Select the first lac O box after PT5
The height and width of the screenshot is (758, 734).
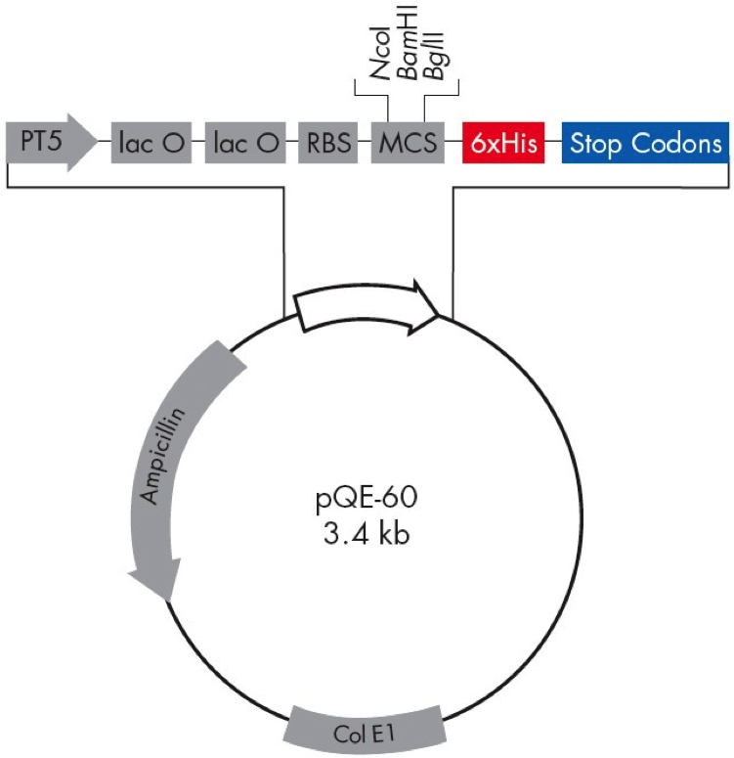(x=151, y=145)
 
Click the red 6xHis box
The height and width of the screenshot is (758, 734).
(x=504, y=145)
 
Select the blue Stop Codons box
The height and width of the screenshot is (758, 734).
(x=645, y=145)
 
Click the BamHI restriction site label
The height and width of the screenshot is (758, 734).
(x=410, y=54)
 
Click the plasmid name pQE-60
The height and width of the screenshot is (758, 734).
(x=366, y=504)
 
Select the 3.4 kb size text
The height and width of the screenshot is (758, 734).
(x=366, y=535)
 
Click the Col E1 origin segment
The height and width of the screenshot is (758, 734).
(x=366, y=730)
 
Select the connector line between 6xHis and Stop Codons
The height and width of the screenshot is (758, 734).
(x=551, y=145)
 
